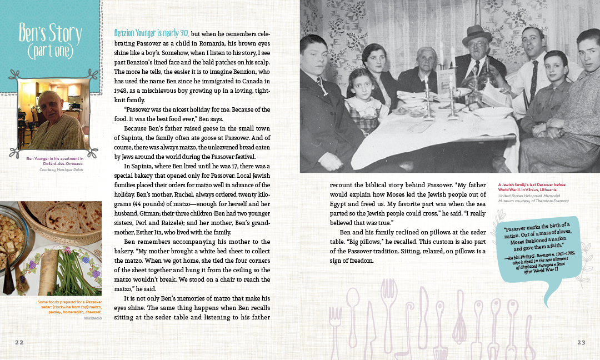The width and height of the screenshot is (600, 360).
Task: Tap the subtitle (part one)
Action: tap(50, 51)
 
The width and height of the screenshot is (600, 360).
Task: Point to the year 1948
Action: tap(122, 91)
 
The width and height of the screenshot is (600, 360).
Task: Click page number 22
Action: tap(19, 342)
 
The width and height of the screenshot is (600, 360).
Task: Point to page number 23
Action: tap(581, 342)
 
